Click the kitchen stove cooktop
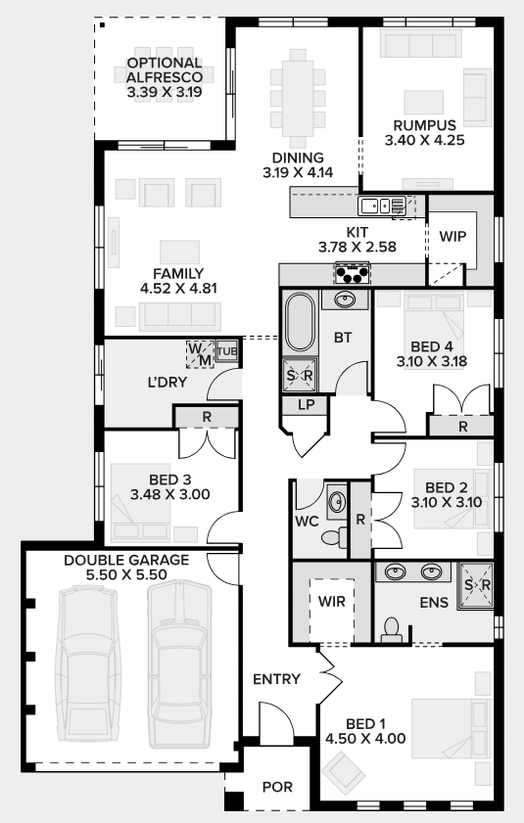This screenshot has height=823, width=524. point(353,273)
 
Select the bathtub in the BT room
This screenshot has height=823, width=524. point(300,321)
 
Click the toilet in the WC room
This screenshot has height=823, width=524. point(334,537)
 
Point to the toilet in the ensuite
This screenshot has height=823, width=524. point(391,630)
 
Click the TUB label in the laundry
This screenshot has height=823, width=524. point(227,350)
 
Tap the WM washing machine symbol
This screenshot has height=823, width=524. point(200,354)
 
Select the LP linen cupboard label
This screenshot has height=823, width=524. point(306,405)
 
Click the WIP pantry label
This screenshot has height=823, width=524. point(453,236)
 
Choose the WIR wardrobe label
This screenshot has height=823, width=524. point(332,602)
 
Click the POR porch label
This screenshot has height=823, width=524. point(277,787)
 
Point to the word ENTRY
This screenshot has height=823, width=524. point(276,679)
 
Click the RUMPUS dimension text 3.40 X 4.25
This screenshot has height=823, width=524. point(425,140)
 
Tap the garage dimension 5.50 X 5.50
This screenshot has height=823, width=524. point(126,574)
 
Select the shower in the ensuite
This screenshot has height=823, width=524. point(476,586)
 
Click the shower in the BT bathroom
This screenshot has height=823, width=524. point(300,375)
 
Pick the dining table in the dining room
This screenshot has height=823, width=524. point(298,99)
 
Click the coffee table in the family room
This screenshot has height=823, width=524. point(180,251)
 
